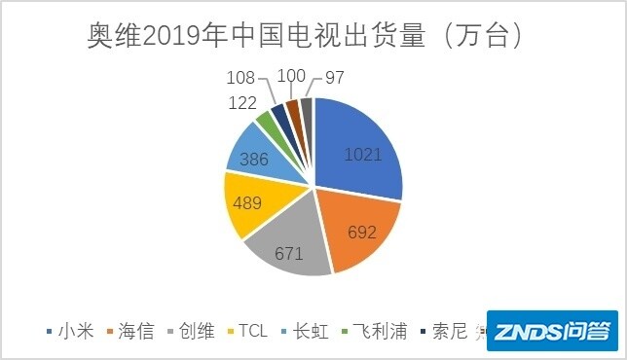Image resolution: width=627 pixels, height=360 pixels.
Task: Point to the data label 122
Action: click(242, 103)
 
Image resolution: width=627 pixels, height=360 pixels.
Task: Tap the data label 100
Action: click(290, 75)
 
